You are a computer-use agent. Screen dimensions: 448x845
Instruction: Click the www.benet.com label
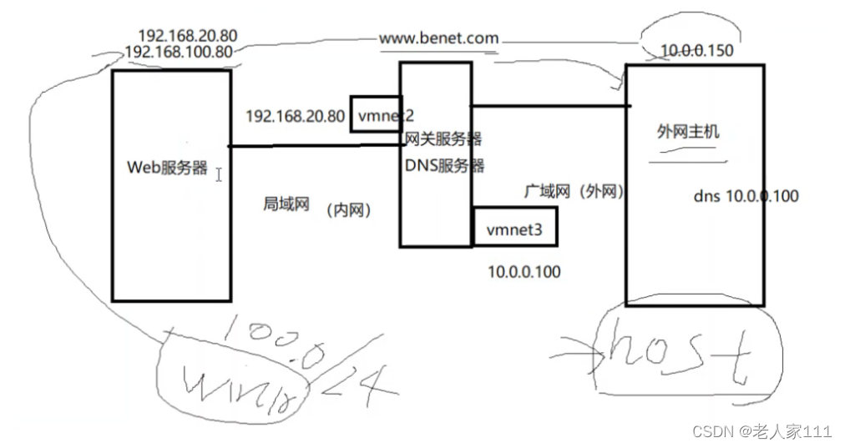click(438, 38)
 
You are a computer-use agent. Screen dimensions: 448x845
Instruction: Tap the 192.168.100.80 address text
click(178, 52)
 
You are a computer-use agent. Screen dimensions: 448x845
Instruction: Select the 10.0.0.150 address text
click(696, 51)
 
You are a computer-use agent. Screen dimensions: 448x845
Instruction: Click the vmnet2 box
click(382, 115)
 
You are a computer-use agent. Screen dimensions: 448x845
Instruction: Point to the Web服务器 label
click(167, 167)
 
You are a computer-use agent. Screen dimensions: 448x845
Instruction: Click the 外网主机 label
click(688, 132)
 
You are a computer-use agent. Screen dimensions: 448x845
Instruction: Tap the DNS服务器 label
click(444, 165)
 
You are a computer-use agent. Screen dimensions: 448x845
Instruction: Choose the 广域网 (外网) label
click(574, 191)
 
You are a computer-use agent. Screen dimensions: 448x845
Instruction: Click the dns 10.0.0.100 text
click(746, 196)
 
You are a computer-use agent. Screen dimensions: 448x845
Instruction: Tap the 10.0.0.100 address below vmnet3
click(524, 271)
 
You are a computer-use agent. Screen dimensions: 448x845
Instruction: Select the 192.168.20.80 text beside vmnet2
click(295, 116)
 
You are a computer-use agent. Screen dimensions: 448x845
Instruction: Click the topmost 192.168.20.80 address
click(188, 37)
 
